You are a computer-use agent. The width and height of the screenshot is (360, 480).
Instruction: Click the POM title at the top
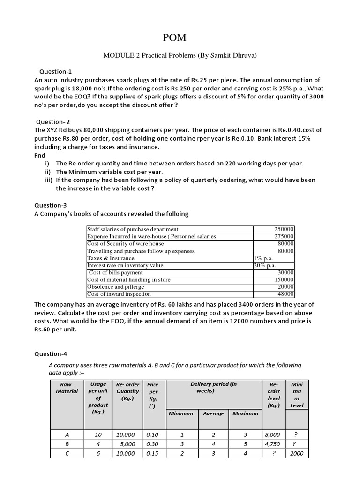[x=180, y=37]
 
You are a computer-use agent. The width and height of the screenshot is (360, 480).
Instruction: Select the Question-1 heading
[x=55, y=72]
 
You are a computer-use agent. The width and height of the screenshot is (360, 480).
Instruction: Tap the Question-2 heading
[x=54, y=122]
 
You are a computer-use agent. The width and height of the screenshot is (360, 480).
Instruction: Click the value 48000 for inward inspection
[x=286, y=294]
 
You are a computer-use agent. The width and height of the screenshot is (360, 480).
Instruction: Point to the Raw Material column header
[x=67, y=388]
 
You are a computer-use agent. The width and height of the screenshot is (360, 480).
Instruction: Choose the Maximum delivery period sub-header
[x=245, y=413]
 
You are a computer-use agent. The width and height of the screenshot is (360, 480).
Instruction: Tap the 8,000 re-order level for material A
[x=272, y=435]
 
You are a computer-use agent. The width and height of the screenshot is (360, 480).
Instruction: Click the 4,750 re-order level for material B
[x=272, y=444]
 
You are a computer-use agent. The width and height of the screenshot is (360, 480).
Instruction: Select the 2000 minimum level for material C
[x=297, y=453]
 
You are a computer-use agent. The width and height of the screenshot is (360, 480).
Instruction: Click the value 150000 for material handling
[x=284, y=280]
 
